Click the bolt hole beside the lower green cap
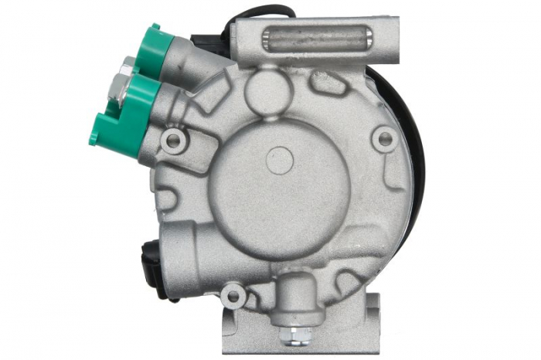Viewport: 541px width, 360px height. (175, 141)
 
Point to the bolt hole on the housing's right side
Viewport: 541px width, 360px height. (383, 140)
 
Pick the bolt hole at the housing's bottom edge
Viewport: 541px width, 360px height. (233, 295)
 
